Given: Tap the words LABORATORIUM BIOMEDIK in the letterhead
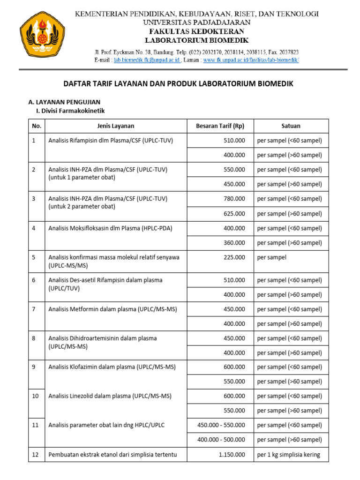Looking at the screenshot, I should pyautogui.click(x=197, y=41).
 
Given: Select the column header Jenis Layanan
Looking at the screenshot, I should pyautogui.click(x=115, y=126).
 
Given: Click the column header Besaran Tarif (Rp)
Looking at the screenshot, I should pyautogui.click(x=220, y=126).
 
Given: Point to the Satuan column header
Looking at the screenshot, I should pyautogui.click(x=291, y=126).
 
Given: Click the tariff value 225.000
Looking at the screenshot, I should pyautogui.click(x=233, y=257).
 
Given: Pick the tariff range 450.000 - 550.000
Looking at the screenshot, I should pyautogui.click(x=221, y=425).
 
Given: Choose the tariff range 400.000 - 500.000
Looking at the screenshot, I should pyautogui.click(x=221, y=440).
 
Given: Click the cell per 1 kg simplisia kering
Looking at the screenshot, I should pyautogui.click(x=288, y=454).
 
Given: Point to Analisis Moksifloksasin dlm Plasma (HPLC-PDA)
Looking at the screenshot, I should pyautogui.click(x=110, y=228).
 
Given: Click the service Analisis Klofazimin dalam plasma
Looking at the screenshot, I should pyautogui.click(x=112, y=367).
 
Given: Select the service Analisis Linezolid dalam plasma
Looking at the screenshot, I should pyautogui.click(x=110, y=396).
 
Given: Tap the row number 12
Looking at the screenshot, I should pyautogui.click(x=35, y=454).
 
